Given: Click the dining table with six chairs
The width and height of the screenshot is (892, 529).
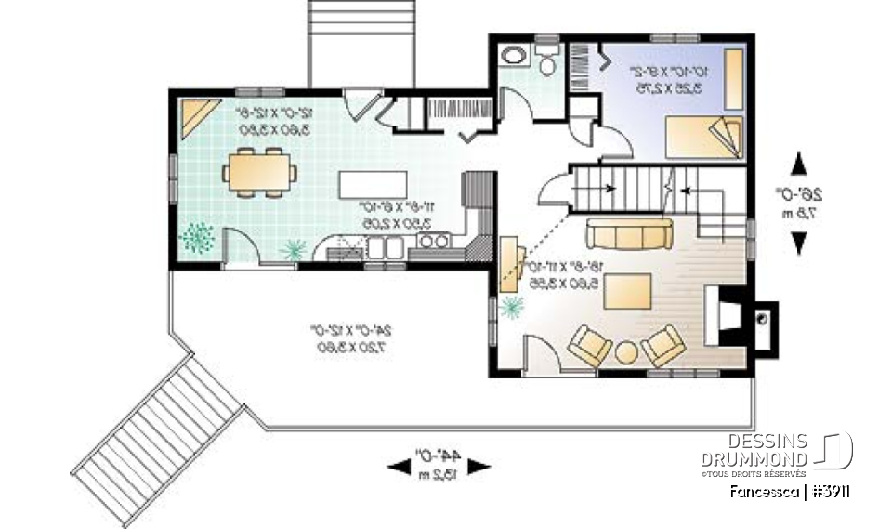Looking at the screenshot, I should coord(260,173).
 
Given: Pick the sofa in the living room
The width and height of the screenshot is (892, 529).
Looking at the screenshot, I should coord(629,233).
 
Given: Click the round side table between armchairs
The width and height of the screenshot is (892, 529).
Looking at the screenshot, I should coord(627,353).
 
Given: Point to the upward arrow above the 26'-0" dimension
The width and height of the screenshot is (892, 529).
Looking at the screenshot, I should coord(798,165).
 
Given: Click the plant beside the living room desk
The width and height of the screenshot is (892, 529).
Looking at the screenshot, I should coord(509,308).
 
